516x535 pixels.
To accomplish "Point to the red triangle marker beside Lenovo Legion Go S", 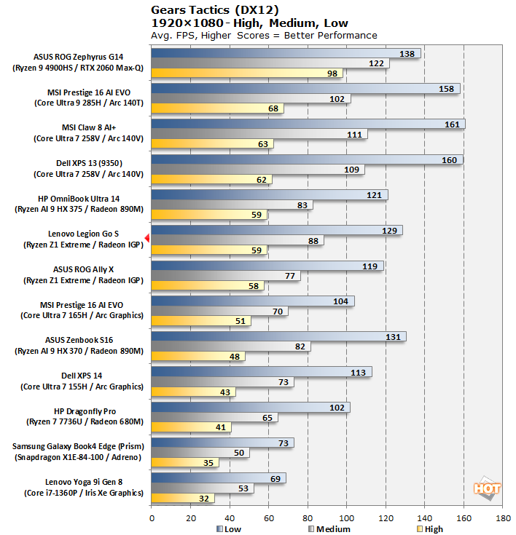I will [x=147, y=238].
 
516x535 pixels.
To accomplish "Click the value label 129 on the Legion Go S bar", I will [x=390, y=230].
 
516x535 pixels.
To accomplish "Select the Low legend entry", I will [x=230, y=529].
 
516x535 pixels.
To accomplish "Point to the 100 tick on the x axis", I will [x=346, y=518].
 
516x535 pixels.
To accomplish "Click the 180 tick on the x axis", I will [x=502, y=518].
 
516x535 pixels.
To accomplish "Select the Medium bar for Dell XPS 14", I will [x=222, y=382].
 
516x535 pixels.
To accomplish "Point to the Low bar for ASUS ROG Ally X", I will [x=267, y=266].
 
